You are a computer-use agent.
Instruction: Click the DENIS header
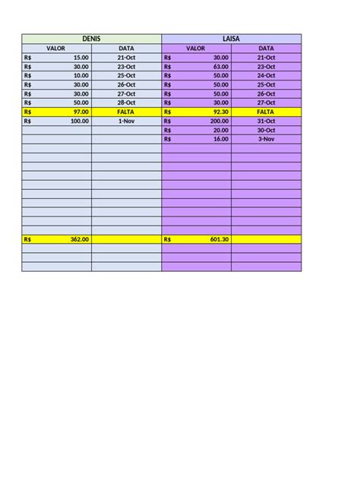coord(91,39)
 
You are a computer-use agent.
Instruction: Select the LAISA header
coord(231,39)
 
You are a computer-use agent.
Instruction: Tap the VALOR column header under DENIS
coord(56,48)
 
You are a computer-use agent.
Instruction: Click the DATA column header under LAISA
coord(266,48)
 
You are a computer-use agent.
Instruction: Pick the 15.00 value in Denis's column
coord(81,57)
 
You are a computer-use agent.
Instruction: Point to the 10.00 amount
coord(81,75)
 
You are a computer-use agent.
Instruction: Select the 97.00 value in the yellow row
coord(81,112)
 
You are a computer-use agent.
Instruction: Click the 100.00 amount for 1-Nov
coord(79,121)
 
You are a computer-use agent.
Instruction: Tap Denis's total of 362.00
coord(79,239)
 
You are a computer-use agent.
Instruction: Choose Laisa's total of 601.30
coord(219,239)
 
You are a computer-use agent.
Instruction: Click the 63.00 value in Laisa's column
coord(220,66)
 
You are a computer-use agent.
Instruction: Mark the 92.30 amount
coord(220,112)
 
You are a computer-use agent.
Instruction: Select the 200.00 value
coord(219,121)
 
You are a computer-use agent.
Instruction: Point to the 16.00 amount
coord(220,139)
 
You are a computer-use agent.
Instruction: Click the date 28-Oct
coord(126,103)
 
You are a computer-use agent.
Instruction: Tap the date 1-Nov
coord(126,121)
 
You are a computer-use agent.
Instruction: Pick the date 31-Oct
coord(266,121)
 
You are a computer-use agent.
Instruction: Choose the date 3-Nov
coord(266,139)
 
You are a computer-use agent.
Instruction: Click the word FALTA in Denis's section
coord(126,112)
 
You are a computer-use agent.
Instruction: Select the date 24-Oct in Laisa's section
coord(266,75)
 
